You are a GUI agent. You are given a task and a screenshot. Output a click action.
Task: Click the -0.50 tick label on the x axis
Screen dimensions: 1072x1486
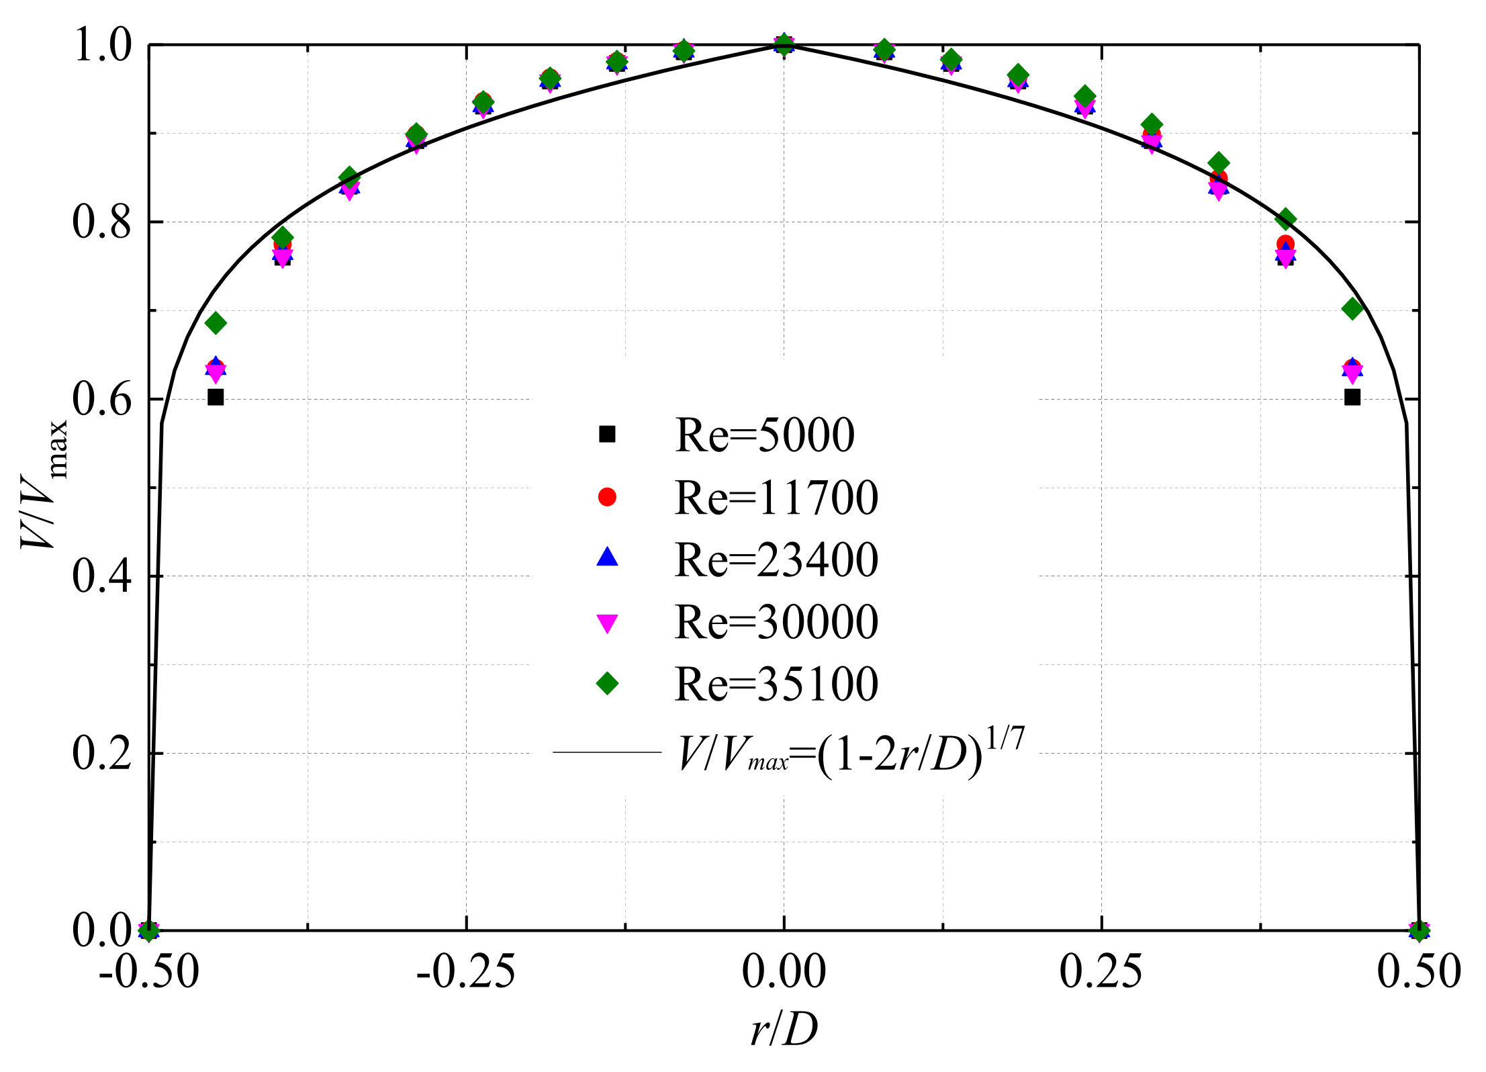point(149,971)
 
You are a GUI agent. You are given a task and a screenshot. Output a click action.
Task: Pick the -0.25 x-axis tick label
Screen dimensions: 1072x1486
point(466,971)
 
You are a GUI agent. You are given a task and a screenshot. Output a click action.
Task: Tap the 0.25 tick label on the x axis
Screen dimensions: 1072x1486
point(1101,971)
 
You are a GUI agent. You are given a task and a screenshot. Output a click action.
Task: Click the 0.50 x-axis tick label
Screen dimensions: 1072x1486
point(1419,971)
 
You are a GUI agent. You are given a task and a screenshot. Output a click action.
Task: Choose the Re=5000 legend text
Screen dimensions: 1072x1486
point(764,435)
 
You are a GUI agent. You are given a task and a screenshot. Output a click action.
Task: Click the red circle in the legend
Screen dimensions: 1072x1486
point(607,497)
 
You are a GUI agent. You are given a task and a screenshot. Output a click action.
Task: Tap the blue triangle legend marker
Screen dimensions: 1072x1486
point(607,557)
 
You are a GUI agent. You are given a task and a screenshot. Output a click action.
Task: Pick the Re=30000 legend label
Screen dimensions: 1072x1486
point(776,622)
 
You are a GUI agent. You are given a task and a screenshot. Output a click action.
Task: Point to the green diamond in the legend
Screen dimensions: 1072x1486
point(607,684)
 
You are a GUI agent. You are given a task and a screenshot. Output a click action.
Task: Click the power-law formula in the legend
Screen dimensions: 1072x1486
point(851,754)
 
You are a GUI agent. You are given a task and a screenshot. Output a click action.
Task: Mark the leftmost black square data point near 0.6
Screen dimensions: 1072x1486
point(216,397)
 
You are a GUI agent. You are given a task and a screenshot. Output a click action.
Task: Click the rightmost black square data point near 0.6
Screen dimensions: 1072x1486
point(1352,397)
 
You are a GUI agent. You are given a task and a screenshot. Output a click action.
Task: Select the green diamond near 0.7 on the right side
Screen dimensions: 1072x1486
point(1352,309)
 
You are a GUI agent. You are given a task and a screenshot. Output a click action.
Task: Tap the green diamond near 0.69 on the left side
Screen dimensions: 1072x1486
point(216,323)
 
